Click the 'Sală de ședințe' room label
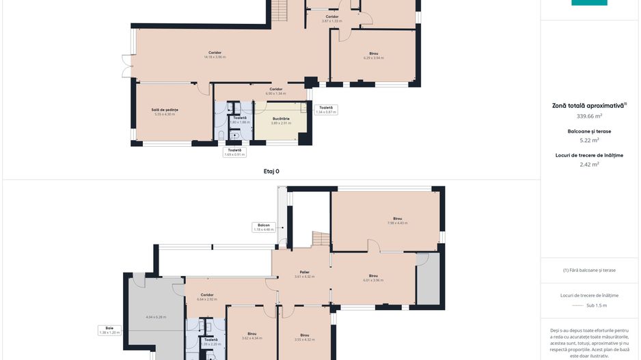[x=164, y=111]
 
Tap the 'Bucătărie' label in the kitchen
[x=281, y=120]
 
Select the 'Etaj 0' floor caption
[x=271, y=171]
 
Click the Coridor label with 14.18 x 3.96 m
[x=215, y=55]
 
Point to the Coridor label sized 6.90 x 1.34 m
[x=275, y=91]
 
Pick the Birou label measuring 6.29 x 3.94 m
[x=374, y=55]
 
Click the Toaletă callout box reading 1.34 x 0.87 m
[x=326, y=109]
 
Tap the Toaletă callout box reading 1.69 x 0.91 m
[x=234, y=152]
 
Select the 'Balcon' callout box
[x=264, y=227]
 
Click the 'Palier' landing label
[x=304, y=274]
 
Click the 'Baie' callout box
[x=109, y=330]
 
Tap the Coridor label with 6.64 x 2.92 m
[x=206, y=297]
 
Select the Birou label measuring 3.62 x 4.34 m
[x=252, y=335]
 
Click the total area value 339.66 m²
[x=588, y=116]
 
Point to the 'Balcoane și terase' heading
[x=589, y=131]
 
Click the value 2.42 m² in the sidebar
[x=589, y=164]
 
